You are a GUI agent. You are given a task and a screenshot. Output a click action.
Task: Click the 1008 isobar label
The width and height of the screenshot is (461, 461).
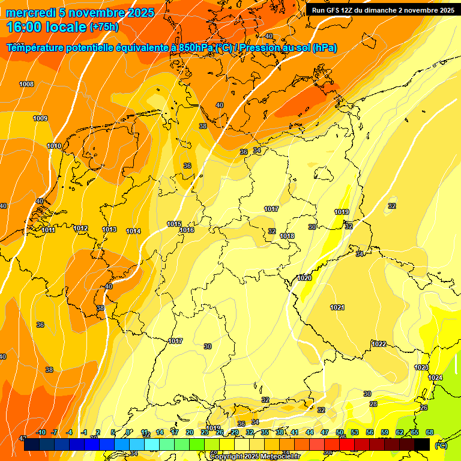26,85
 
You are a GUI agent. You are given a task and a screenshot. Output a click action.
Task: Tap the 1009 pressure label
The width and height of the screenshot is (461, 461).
40,119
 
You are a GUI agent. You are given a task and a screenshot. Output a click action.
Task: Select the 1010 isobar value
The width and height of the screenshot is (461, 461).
54,146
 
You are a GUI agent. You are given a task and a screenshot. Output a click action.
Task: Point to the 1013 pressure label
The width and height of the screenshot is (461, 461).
109,230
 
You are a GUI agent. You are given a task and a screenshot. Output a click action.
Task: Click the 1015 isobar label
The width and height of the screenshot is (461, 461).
174,224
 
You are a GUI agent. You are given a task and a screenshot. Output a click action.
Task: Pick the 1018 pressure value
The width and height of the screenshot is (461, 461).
287,237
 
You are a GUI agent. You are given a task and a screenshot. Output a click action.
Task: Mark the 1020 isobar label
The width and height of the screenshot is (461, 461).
304,278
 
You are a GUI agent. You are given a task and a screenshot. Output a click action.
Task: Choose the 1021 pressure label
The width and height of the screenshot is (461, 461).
337,308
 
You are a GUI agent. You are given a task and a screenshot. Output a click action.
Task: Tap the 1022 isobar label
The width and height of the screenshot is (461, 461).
379,345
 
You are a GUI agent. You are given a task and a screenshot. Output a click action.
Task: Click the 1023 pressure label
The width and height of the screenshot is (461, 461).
421,367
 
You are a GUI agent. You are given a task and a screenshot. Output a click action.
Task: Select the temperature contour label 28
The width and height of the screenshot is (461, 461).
373,405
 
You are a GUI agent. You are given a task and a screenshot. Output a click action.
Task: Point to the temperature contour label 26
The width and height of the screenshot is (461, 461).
424,408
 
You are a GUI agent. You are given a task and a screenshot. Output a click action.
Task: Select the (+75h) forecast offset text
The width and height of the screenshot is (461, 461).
104,27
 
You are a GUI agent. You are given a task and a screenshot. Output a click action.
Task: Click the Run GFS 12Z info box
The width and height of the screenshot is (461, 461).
382,10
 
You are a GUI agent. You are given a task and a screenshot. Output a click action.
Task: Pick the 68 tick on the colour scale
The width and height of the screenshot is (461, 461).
429,432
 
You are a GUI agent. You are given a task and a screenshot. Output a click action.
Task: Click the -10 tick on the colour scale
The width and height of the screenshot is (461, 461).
41,432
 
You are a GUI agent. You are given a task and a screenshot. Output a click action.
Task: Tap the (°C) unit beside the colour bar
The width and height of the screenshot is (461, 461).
441,445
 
